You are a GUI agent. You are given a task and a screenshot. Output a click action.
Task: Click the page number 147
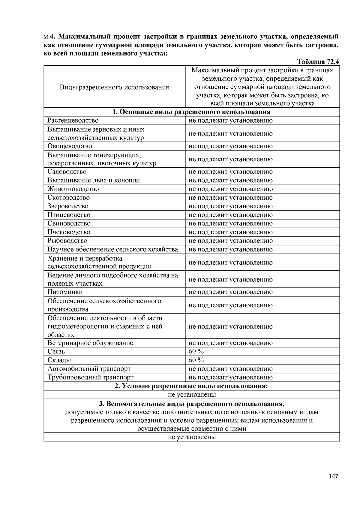coord(333,476)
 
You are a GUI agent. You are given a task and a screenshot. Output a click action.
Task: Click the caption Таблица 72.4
coord(318,62)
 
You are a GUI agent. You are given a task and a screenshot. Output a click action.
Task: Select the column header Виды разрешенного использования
coord(114,87)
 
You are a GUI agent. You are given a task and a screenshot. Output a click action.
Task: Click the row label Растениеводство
coord(73,121)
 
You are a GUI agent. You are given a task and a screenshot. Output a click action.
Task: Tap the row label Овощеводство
coord(70,146)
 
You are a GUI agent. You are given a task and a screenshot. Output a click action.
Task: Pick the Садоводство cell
coord(67,172)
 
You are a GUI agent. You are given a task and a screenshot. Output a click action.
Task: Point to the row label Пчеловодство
coord(69,232)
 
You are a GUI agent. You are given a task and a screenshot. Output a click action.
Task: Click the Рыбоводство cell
coord(67,241)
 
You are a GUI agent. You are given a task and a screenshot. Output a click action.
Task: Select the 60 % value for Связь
coord(196,351)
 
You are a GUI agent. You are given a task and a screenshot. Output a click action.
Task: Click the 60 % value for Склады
coord(196,360)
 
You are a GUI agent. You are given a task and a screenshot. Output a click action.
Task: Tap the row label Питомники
coord(65,292)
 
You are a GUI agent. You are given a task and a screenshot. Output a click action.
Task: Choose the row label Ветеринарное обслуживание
coord(90,343)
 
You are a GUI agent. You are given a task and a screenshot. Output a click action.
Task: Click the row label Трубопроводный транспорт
coord(90,377)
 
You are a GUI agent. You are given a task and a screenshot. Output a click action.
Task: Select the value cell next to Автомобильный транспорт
coord(230,369)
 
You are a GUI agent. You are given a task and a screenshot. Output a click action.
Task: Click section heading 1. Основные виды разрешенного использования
coord(191,112)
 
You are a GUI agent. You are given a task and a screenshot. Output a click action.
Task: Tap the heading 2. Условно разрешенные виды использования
coord(191,386)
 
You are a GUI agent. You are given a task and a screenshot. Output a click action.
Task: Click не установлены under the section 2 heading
coord(191,394)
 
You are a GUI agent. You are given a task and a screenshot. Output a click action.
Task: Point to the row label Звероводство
coord(68,206)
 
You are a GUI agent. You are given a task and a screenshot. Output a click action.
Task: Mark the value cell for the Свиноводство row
coord(230,224)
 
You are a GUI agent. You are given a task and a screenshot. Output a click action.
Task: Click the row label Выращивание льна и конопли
coord(94,180)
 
